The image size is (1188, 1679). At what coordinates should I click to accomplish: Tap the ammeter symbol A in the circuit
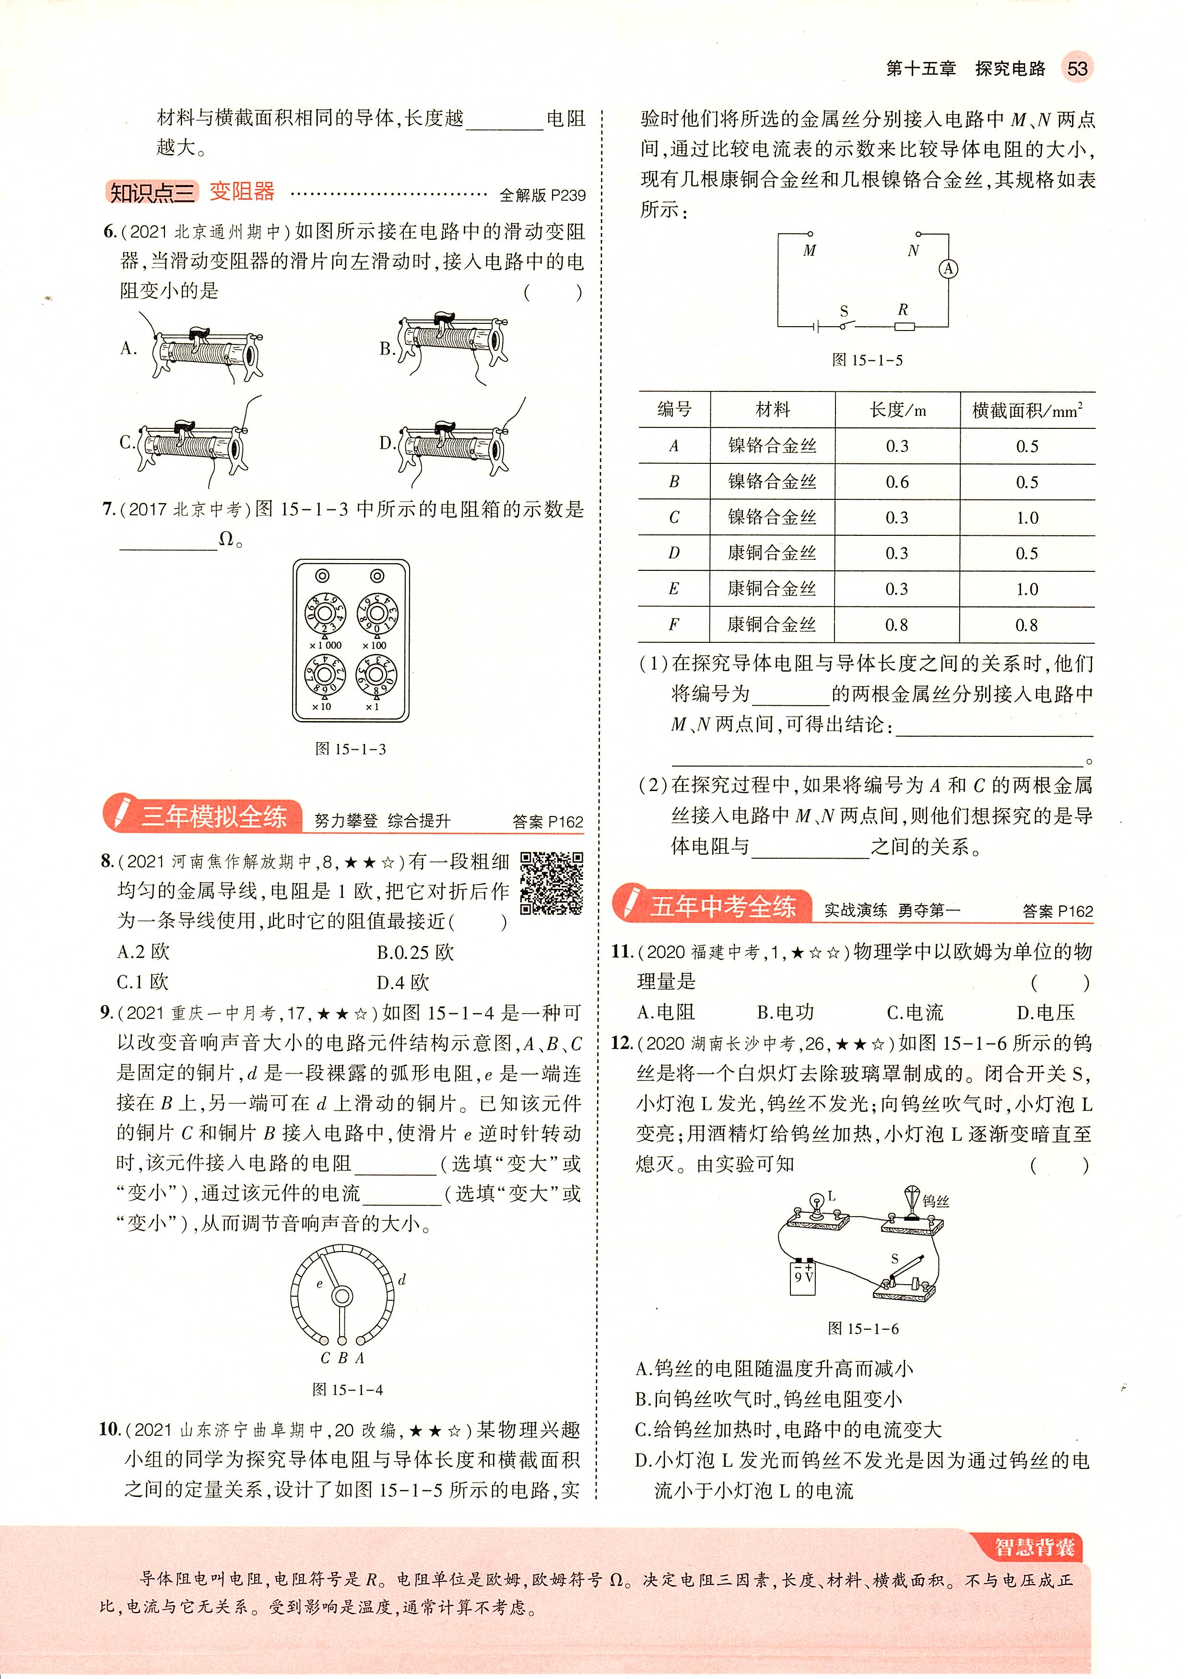(948, 269)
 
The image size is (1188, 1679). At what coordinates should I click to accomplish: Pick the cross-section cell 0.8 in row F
(1026, 625)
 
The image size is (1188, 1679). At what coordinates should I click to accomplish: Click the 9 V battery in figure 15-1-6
(803, 1277)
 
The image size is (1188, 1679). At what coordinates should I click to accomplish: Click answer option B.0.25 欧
(415, 953)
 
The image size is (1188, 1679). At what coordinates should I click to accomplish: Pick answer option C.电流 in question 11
(915, 1013)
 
